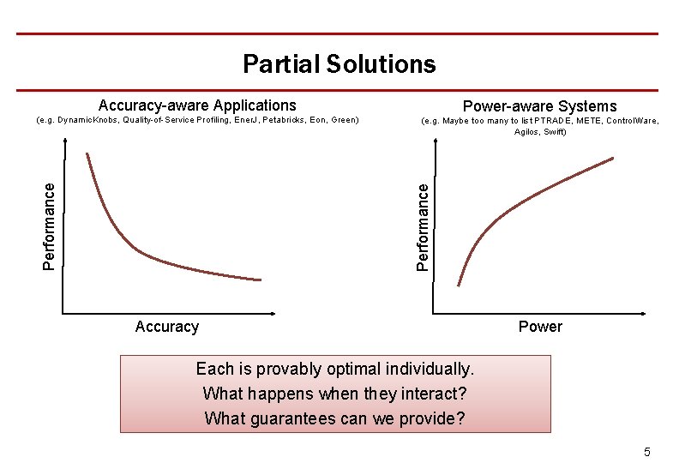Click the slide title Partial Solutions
coord(339,64)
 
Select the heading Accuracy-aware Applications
coord(197,105)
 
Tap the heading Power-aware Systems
coord(539,106)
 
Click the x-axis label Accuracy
coord(167,327)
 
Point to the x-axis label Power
coord(540,327)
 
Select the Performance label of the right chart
coord(423,229)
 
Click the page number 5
coord(647,452)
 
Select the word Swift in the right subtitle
coord(554,132)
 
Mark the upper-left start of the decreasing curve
coord(87,154)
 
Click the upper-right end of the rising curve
coord(613,158)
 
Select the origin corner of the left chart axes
coord(63,314)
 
